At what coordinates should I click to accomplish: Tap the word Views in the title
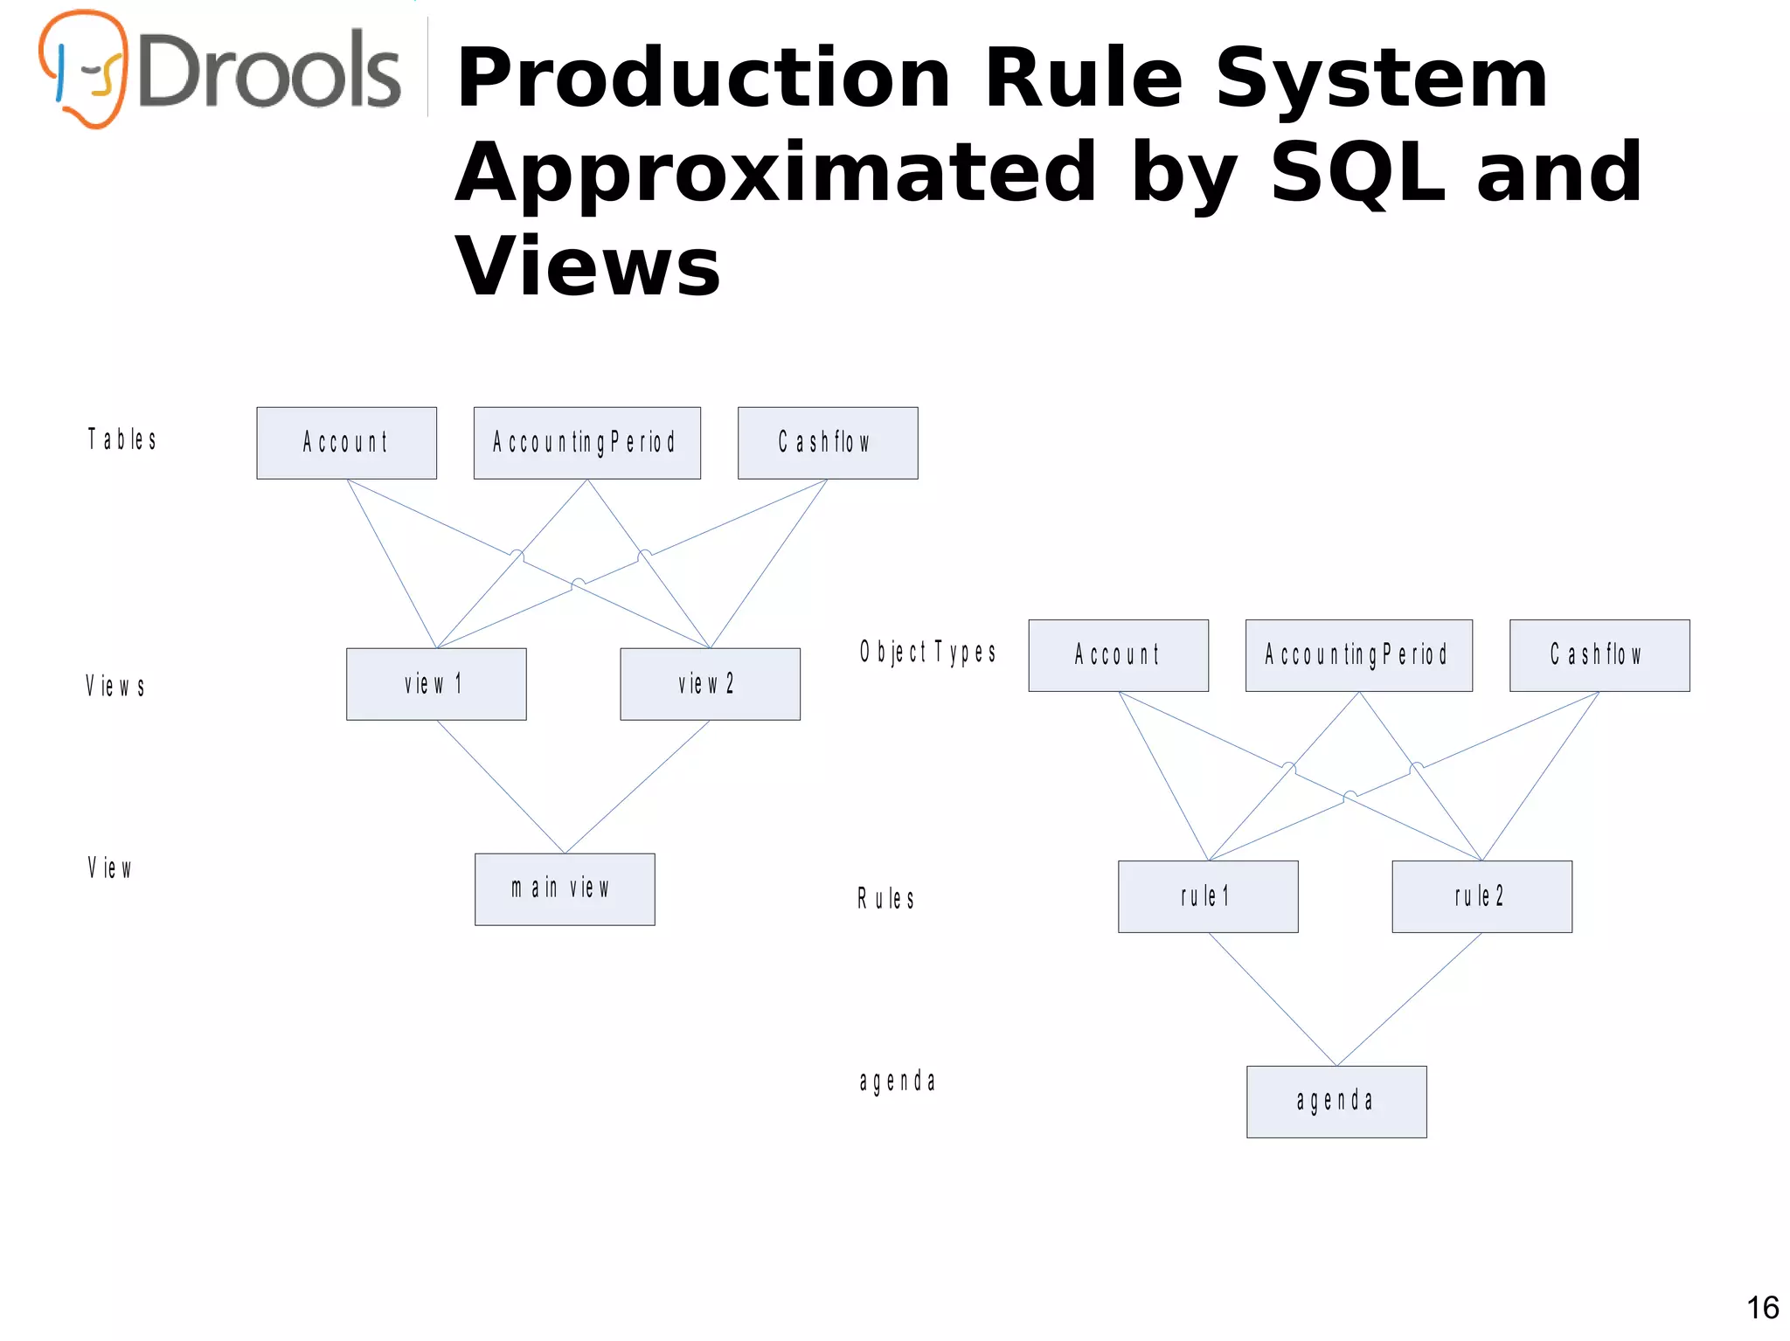click(587, 266)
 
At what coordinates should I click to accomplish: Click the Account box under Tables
click(346, 443)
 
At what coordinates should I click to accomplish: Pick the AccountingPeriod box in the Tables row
click(586, 443)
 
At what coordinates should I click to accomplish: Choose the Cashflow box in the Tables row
click(827, 443)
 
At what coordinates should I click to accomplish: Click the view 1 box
click(436, 684)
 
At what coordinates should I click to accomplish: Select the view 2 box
click(710, 684)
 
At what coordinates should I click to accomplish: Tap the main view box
click(565, 889)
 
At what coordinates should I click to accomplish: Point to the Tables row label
click(122, 439)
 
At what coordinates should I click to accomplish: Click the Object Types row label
click(927, 653)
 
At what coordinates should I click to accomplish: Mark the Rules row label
click(885, 899)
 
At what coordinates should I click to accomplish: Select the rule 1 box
click(1208, 896)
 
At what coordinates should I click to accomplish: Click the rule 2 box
click(1481, 896)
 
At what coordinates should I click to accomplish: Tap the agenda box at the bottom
click(1336, 1102)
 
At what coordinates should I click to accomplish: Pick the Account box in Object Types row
click(1118, 655)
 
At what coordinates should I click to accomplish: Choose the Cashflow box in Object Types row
click(1599, 655)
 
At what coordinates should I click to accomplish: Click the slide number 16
click(1762, 1308)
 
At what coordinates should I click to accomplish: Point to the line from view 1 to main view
click(500, 786)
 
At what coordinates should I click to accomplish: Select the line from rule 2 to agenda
click(1409, 999)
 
